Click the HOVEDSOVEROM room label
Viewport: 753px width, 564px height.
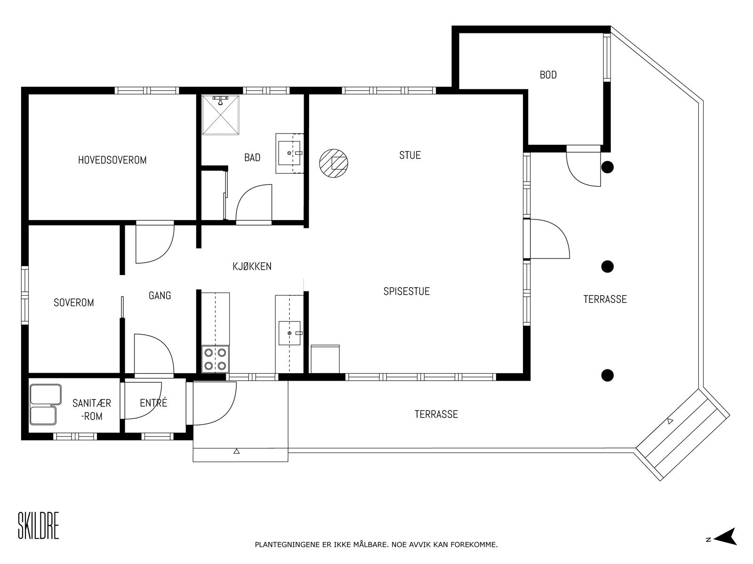tap(112, 160)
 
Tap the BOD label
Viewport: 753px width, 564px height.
tap(548, 75)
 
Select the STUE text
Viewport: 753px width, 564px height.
tap(410, 155)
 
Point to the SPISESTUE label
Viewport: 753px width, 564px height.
tap(407, 291)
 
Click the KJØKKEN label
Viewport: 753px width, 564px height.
tap(252, 266)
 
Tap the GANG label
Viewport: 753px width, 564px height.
tap(160, 295)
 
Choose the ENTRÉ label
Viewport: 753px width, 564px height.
tap(153, 402)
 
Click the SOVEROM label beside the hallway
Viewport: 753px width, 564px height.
tap(74, 302)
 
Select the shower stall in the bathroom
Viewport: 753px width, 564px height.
tap(220, 115)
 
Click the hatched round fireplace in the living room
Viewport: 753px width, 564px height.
tap(334, 164)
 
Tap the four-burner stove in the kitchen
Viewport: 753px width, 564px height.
tap(215, 359)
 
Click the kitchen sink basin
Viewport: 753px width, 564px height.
tap(289, 333)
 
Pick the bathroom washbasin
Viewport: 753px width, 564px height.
tap(289, 153)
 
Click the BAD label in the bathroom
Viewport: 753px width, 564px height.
tap(252, 157)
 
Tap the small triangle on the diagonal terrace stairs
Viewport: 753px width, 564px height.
tap(670, 421)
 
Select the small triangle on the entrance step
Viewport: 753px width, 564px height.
tap(236, 451)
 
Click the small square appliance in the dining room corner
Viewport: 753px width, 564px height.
tap(325, 359)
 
